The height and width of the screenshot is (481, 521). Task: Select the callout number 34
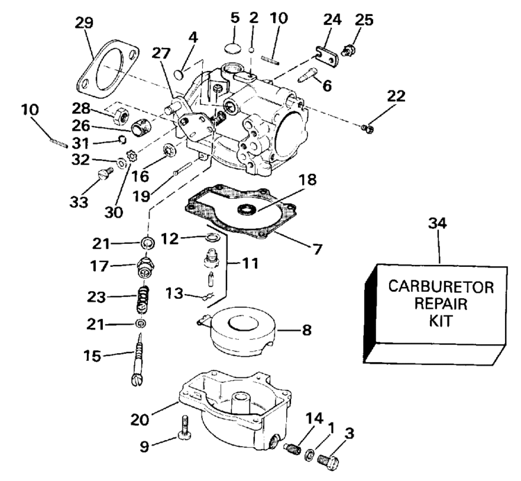pos(439,224)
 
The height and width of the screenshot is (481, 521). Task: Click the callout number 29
pos(83,22)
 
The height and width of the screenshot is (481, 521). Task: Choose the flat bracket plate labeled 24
pos(323,56)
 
